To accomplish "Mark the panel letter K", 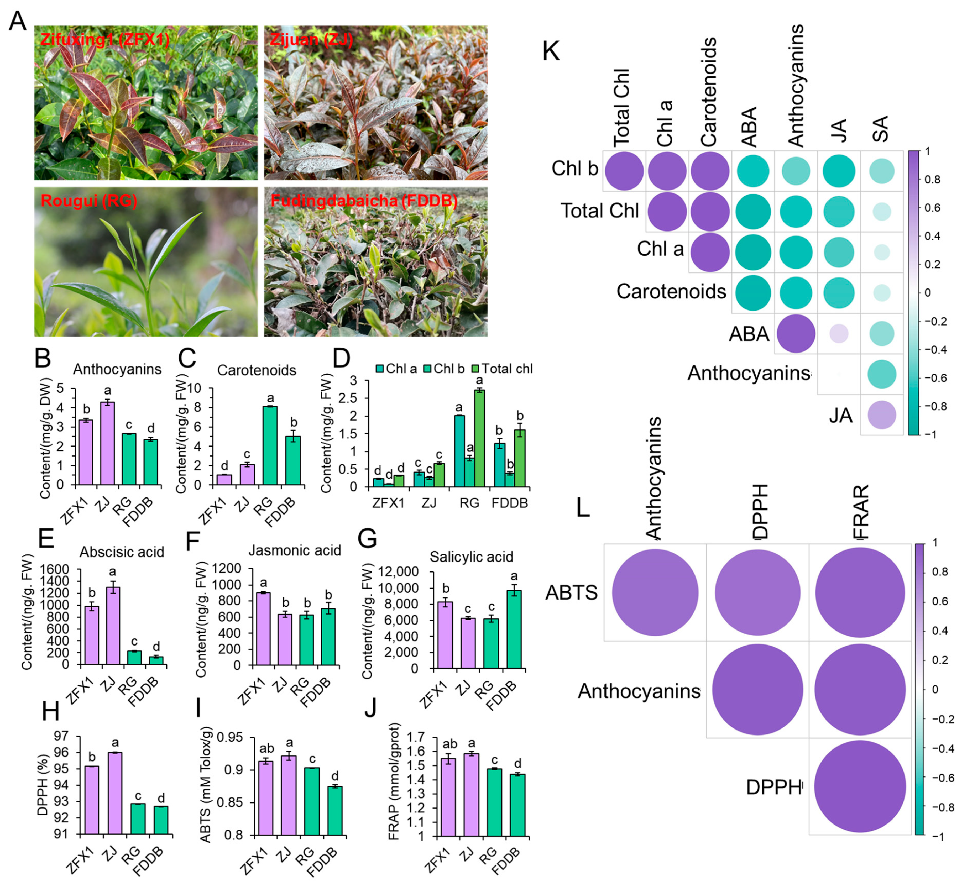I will coord(551,51).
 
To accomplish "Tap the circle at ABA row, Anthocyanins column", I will coord(796,334).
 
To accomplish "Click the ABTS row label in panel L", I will coord(572,592).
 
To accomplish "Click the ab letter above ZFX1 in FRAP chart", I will coord(449,744).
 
